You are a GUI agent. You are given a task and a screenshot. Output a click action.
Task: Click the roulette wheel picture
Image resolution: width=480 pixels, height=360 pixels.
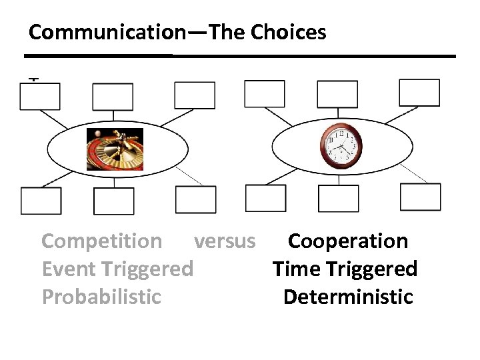[x=115, y=149]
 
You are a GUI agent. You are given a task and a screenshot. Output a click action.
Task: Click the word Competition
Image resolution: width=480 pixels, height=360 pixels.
[x=101, y=241]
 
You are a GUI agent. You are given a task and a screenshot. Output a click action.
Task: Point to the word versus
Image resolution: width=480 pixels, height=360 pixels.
[x=224, y=241]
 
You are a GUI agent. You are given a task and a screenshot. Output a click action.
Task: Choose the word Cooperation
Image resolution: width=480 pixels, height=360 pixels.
[x=347, y=241]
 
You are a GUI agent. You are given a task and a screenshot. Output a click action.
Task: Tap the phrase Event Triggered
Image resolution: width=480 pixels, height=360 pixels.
[x=117, y=269]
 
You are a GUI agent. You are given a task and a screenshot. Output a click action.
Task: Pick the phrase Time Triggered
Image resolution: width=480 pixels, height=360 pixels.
[x=345, y=269]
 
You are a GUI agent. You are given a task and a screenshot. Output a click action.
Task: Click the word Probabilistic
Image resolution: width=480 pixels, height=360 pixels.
[x=101, y=297]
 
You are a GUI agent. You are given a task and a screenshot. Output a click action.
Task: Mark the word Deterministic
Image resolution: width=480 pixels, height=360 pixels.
[x=348, y=297]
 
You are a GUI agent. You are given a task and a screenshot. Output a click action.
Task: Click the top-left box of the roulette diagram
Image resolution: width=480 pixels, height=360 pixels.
[x=40, y=97]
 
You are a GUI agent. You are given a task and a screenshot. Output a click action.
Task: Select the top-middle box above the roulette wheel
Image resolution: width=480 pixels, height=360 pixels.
[x=113, y=97]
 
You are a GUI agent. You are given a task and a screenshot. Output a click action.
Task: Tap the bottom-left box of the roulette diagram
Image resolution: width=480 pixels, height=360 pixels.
[x=41, y=201]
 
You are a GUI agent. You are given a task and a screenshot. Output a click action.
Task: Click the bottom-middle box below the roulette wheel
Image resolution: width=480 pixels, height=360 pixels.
[x=113, y=201]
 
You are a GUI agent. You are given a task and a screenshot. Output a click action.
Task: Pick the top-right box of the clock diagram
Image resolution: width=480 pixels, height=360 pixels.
[x=419, y=93]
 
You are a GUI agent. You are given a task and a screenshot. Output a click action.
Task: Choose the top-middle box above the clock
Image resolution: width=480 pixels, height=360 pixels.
[x=337, y=94]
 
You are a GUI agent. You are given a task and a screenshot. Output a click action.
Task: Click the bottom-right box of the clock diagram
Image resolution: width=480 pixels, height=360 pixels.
[x=420, y=197]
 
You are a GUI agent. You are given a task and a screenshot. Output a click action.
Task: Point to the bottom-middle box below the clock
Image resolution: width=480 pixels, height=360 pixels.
[x=338, y=199]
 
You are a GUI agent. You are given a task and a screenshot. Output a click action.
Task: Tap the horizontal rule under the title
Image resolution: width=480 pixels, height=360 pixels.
[x=240, y=56]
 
